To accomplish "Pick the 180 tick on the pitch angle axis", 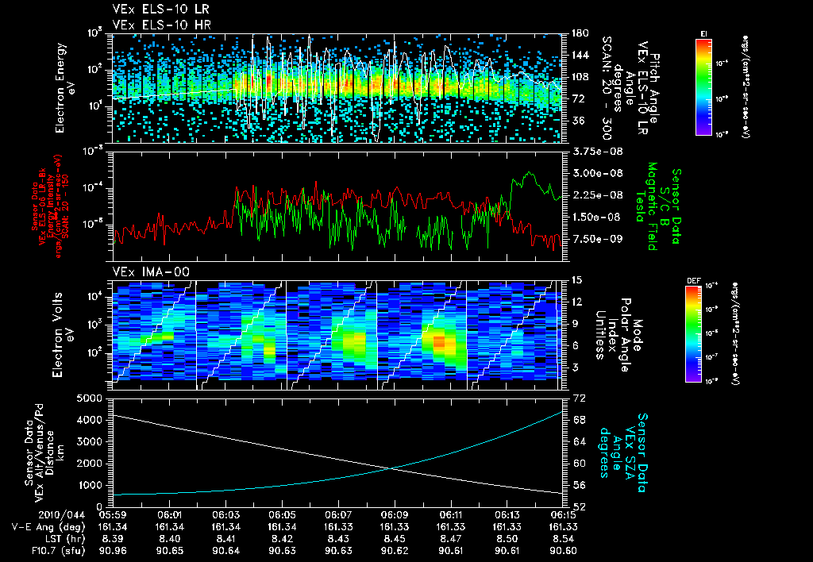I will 579,33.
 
